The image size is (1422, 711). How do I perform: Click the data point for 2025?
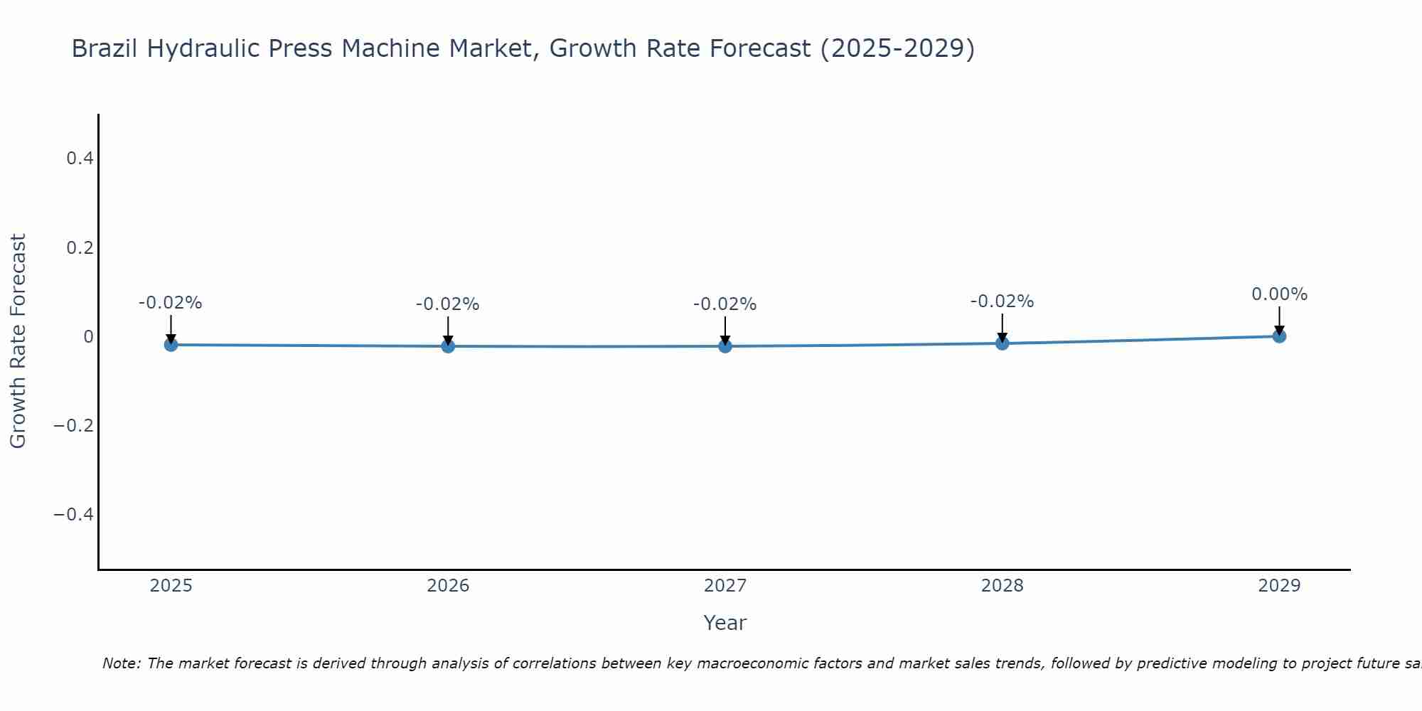pyautogui.click(x=171, y=345)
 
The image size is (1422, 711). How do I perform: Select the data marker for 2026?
pyautogui.click(x=448, y=346)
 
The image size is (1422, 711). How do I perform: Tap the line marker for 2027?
pyautogui.click(x=725, y=346)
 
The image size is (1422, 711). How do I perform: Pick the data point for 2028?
pyautogui.click(x=1003, y=343)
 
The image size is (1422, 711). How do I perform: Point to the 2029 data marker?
pyautogui.click(x=1279, y=336)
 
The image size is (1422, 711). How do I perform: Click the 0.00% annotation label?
pyautogui.click(x=1279, y=294)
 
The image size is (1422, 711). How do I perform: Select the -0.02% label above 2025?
pyautogui.click(x=171, y=303)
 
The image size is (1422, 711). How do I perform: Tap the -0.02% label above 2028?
pyautogui.click(x=1002, y=301)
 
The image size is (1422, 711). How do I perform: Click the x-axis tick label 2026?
pyautogui.click(x=448, y=586)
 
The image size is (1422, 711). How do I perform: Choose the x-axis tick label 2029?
pyautogui.click(x=1279, y=586)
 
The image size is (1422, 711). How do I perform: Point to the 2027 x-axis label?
pyautogui.click(x=725, y=586)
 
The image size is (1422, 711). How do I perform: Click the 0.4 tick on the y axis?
pyautogui.click(x=80, y=159)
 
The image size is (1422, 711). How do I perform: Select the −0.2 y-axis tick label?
pyautogui.click(x=74, y=425)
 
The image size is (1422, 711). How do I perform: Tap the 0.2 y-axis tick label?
pyautogui.click(x=80, y=247)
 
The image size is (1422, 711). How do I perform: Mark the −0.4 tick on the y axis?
pyautogui.click(x=74, y=514)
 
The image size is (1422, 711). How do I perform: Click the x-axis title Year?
pyautogui.click(x=725, y=623)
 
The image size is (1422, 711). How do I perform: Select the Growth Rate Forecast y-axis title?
pyautogui.click(x=18, y=341)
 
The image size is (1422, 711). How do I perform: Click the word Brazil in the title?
pyautogui.click(x=105, y=48)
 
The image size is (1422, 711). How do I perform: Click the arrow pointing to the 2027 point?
pyautogui.click(x=725, y=329)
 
